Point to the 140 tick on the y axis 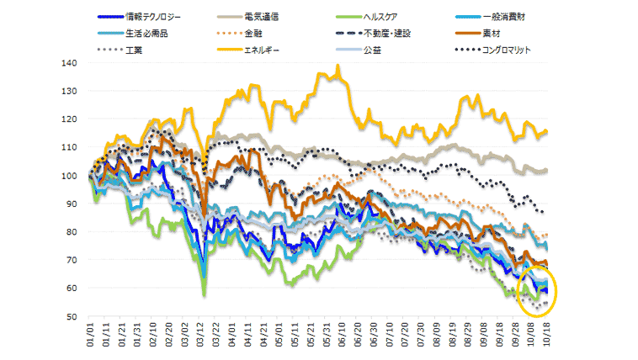pyautogui.click(x=70, y=63)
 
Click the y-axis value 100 pyautogui.click(x=70, y=176)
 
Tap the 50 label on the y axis pyautogui.click(x=72, y=317)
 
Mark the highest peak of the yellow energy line pyautogui.click(x=338, y=66)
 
